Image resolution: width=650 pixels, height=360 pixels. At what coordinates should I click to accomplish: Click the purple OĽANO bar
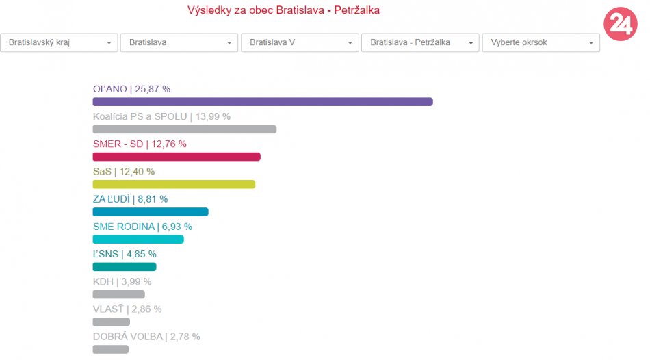click(x=263, y=102)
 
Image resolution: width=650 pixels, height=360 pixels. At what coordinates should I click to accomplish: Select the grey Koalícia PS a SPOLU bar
click(x=185, y=129)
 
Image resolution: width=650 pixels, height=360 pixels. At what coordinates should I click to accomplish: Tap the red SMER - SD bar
click(x=177, y=157)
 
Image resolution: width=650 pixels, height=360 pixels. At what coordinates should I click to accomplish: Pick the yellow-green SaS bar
click(x=174, y=184)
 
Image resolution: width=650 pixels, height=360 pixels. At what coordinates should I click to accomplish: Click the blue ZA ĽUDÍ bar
click(x=151, y=211)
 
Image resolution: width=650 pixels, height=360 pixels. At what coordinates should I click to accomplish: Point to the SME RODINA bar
click(x=138, y=240)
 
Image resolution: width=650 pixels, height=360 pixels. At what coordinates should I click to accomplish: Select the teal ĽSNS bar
click(x=125, y=267)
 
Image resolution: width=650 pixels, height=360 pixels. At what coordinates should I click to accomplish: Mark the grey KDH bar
click(x=119, y=294)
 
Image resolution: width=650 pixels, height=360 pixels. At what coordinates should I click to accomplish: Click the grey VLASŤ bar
click(x=112, y=322)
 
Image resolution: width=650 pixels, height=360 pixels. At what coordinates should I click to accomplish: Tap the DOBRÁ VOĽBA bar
click(x=111, y=349)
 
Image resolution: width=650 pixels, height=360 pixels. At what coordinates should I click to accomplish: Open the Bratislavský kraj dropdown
click(x=60, y=42)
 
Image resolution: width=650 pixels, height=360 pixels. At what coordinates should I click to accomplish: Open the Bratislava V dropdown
click(x=300, y=42)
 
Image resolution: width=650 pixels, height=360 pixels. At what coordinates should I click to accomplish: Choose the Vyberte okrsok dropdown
click(x=541, y=42)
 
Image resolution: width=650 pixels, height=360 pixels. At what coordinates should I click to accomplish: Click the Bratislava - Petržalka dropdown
click(x=420, y=42)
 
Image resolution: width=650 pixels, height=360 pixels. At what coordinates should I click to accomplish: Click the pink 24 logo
click(x=621, y=25)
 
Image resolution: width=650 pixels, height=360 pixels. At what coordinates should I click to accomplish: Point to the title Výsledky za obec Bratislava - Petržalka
click(x=283, y=10)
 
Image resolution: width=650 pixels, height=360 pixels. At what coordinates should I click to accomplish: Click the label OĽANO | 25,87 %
click(x=131, y=89)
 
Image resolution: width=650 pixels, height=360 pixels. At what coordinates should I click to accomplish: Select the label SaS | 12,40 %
click(x=124, y=171)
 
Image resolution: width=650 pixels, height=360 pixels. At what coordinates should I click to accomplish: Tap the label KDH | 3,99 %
click(x=122, y=281)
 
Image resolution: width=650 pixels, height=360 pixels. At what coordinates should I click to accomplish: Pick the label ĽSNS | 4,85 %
click(x=125, y=254)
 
